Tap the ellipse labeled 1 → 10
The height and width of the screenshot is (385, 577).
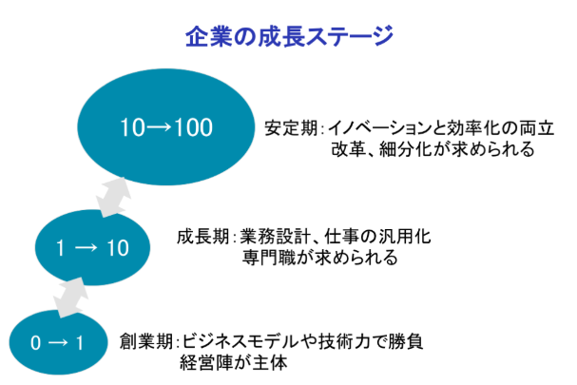[91, 248]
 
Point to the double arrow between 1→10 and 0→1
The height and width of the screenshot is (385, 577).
[67, 296]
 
